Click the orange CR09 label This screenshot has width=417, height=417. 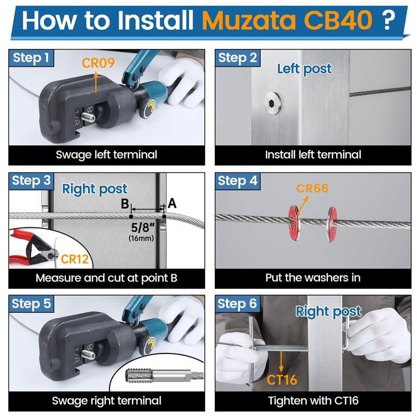pos(98,63)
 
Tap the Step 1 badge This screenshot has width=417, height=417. pos(31,58)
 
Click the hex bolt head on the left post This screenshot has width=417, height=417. pos(273,103)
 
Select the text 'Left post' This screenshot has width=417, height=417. pos(304,69)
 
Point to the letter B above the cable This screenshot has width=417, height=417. pos(125,204)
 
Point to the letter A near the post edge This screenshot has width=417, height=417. pos(172,203)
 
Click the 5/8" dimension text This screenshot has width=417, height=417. pos(143,227)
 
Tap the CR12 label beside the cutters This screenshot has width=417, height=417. pos(75,259)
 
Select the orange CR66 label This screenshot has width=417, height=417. pos(312,188)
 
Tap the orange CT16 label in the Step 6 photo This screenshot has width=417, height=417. pos(281,379)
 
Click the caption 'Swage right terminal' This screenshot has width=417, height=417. pos(106,400)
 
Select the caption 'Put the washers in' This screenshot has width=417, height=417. pos(313,278)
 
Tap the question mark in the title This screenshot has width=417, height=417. pos(388,20)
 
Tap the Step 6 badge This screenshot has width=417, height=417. pos(238,303)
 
